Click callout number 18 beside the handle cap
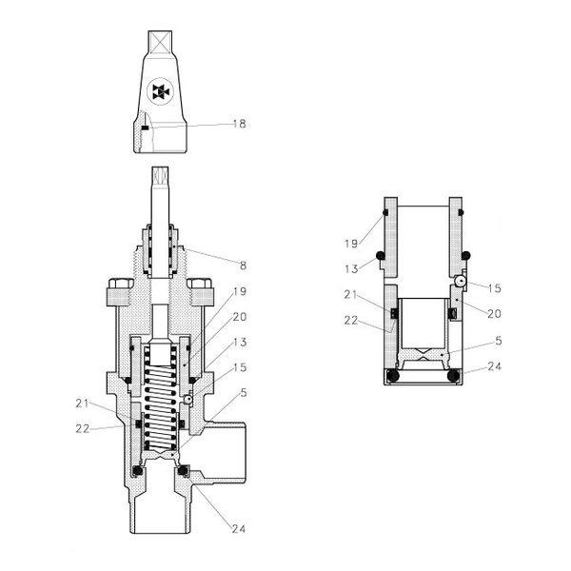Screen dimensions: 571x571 [241, 124]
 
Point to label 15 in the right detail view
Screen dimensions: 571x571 [496, 286]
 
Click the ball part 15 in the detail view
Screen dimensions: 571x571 [459, 281]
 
